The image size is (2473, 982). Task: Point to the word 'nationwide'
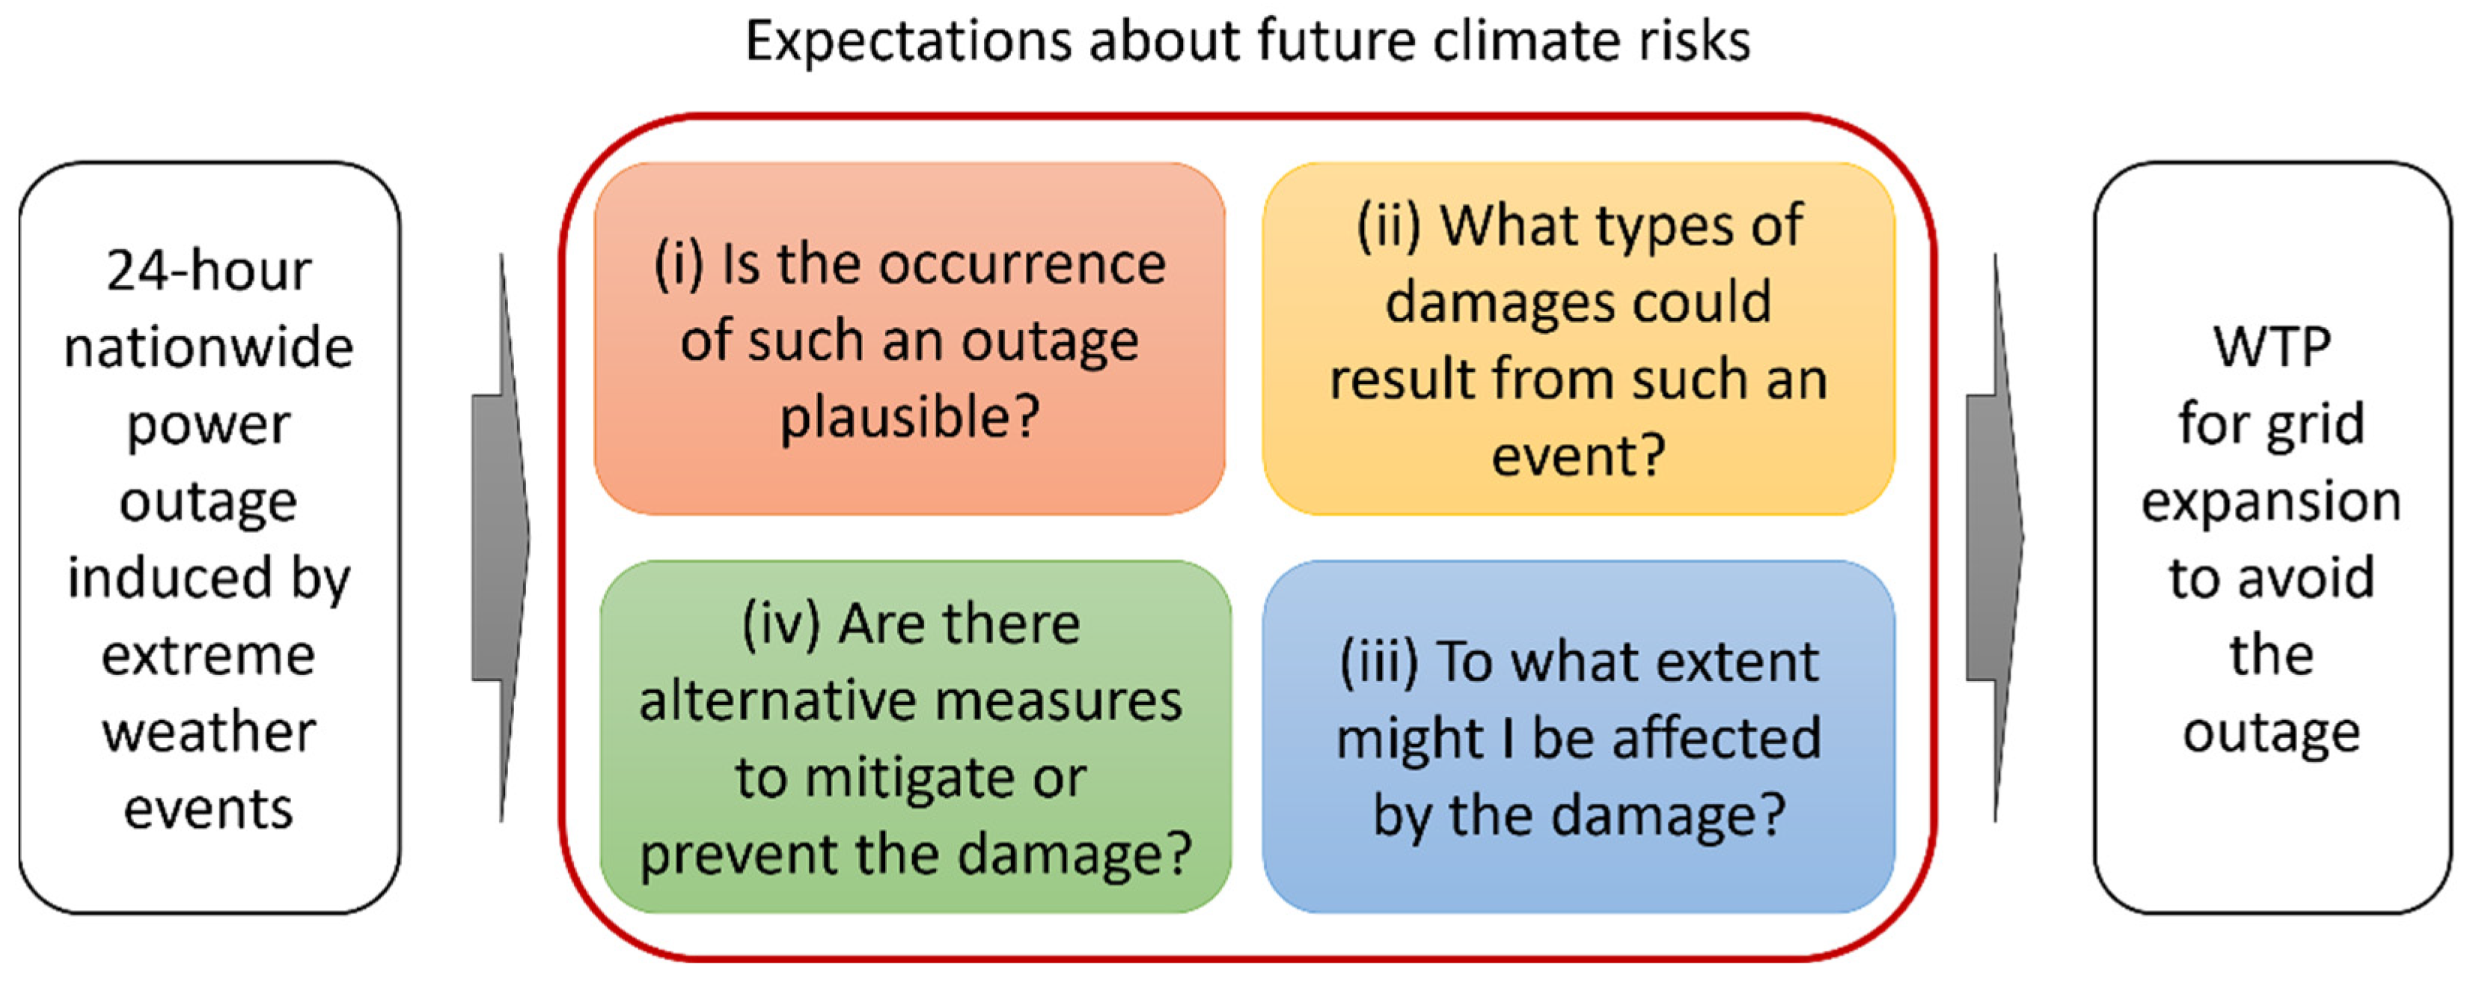pos(210,347)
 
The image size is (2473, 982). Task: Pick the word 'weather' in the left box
pos(210,733)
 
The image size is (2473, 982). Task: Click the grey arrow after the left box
pos(500,537)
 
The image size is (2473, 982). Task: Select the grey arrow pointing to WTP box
pos(1995,537)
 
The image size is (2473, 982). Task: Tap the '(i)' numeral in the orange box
pos(679,264)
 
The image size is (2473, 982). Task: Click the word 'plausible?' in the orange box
pos(909,418)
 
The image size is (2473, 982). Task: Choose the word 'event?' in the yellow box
pos(1578,455)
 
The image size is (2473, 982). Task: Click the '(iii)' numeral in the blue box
pos(1378,662)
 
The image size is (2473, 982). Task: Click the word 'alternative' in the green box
pos(787,701)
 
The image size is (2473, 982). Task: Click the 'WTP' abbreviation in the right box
pos(2272,347)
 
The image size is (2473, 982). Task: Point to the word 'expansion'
pos(2272,503)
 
